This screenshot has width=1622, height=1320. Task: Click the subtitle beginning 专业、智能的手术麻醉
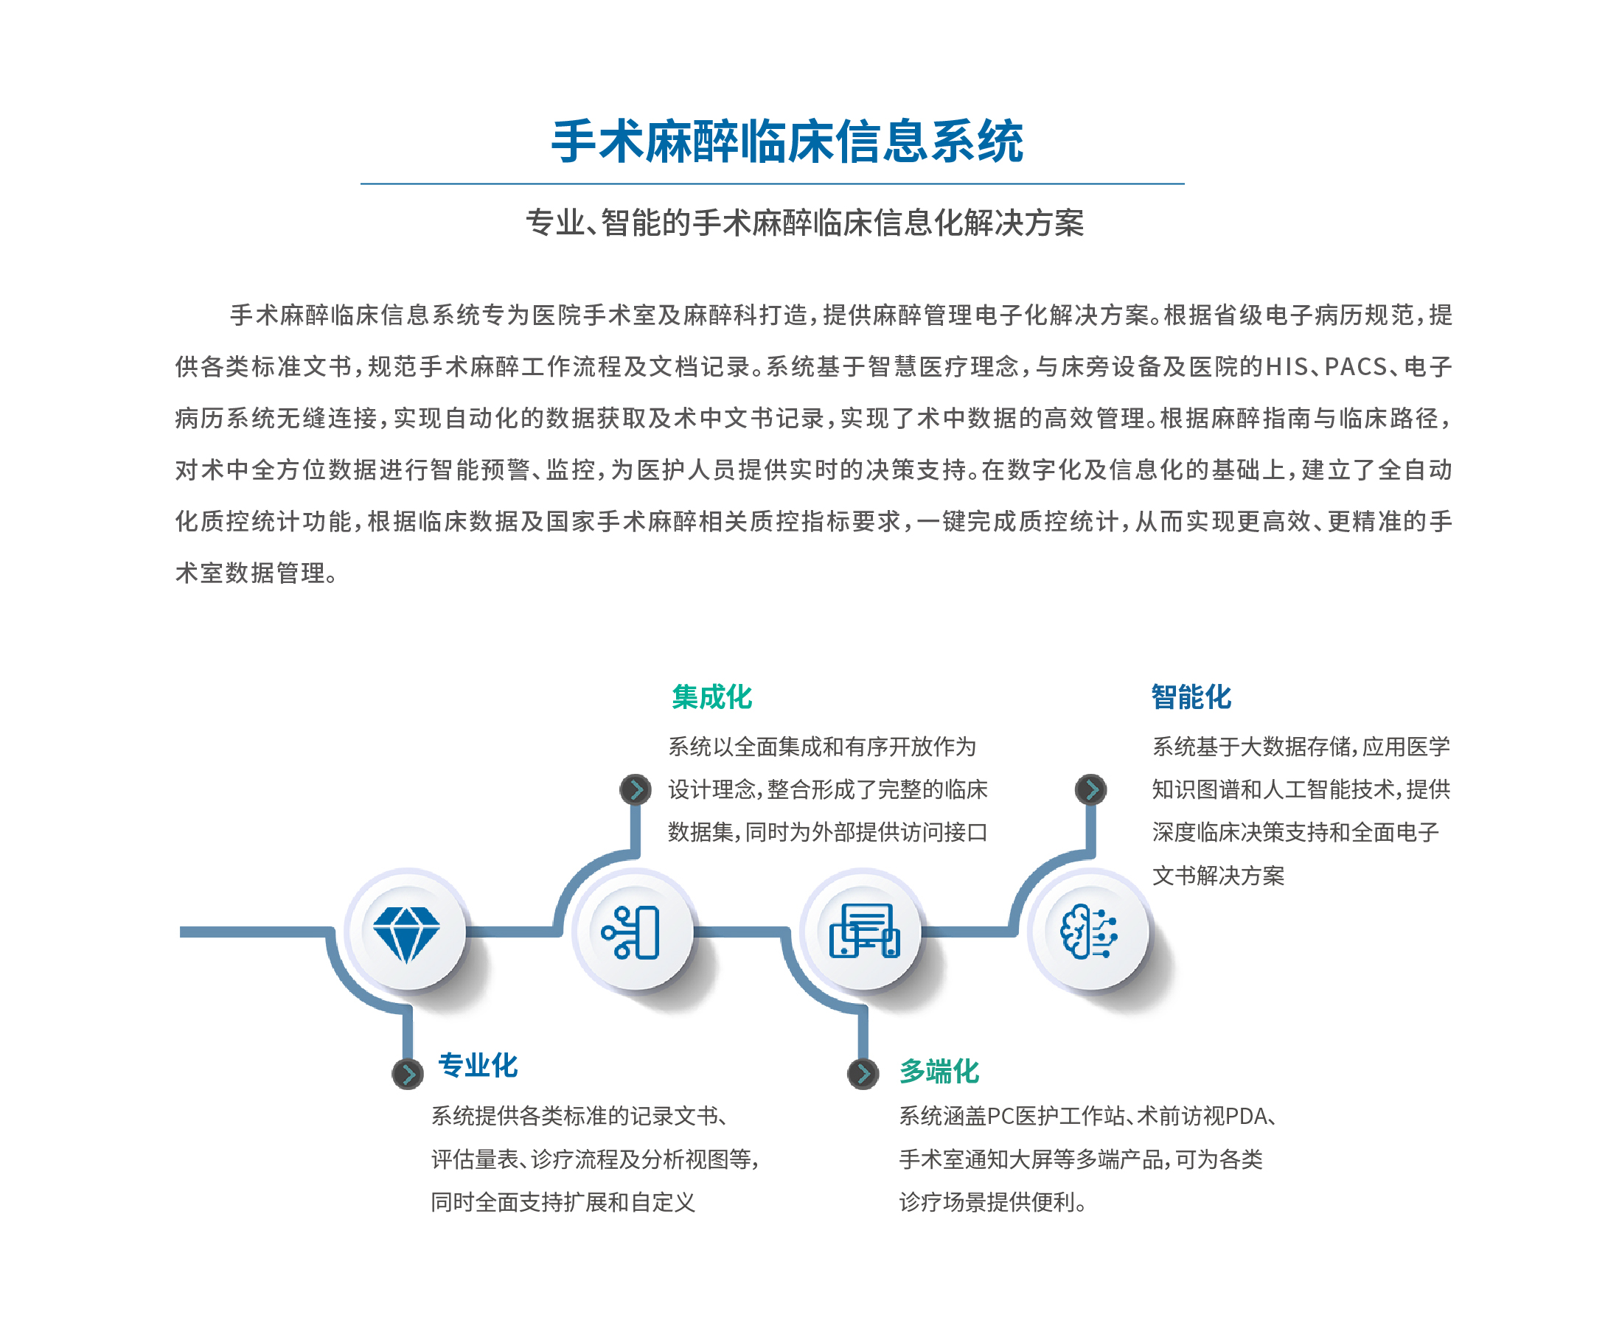804,223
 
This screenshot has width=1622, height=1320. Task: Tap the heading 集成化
711,696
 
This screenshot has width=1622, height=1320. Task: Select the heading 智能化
1191,696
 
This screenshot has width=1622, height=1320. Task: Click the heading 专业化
478,1065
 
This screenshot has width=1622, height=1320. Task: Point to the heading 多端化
939,1072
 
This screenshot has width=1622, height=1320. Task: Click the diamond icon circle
406,931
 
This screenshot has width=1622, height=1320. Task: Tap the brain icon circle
1089,931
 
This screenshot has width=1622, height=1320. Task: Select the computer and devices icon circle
863,931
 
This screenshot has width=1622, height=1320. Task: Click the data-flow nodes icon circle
633,931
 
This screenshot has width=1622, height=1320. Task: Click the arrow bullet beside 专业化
408,1074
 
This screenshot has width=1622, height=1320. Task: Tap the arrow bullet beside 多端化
863,1074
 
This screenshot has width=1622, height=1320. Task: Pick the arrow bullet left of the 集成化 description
635,789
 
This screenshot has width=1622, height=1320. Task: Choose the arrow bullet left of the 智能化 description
1090,789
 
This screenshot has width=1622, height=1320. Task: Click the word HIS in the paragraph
1287,366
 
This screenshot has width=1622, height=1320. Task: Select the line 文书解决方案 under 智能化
1217,875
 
